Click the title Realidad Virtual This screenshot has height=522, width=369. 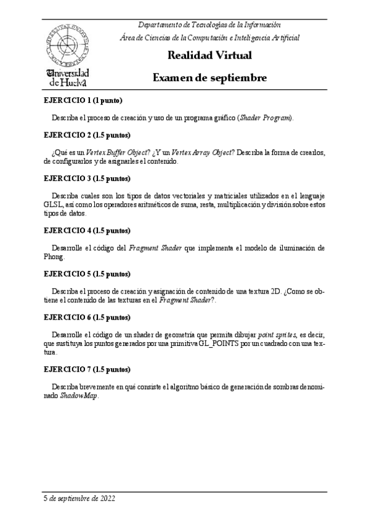209,56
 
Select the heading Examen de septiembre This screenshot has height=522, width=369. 209,78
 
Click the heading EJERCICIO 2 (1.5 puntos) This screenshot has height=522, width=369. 86,134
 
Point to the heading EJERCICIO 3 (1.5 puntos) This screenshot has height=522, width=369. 86,179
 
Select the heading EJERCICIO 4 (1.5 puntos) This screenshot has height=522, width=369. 86,231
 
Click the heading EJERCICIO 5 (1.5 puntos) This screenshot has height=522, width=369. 86,273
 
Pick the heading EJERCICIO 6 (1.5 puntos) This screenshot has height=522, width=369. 86,317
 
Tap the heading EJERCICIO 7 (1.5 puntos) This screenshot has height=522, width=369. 86,369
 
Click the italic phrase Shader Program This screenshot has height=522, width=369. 266,117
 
